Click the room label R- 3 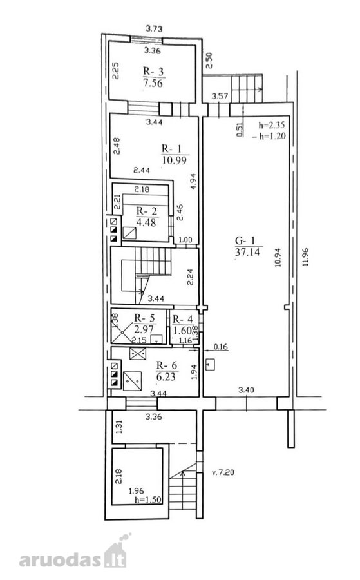coord(153,71)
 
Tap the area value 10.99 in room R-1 coord(174,160)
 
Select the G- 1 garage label coord(245,241)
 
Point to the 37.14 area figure coord(248,252)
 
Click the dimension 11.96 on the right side coord(305,256)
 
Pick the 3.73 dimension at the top coord(154,28)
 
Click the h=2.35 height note coord(272,124)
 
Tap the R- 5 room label coord(144,318)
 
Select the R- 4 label coord(183,319)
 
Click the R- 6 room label coord(167,365)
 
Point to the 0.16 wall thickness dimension coord(221,347)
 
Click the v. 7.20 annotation coord(223,472)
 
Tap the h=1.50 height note coord(149,499)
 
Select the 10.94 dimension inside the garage coord(278,257)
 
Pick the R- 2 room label coord(147,211)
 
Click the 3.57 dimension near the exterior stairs coord(220,96)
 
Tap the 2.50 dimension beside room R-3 coord(209,61)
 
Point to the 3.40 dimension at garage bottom coord(246,390)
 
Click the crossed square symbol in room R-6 coord(137,353)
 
